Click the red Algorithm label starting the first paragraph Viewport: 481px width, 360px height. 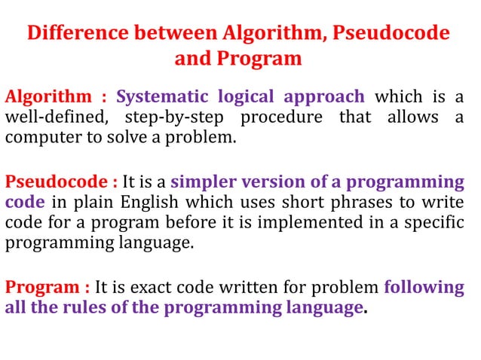click(48, 97)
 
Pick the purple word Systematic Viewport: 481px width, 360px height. click(161, 97)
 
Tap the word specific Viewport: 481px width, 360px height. click(438, 224)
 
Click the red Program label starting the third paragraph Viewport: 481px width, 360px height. click(42, 287)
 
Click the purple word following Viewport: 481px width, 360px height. click(424, 287)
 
